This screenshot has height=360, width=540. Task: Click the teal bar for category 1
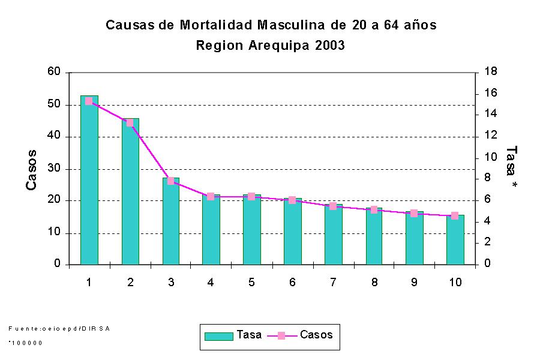[89, 180]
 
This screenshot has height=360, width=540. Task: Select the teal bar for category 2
[130, 192]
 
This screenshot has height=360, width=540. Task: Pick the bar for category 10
[455, 240]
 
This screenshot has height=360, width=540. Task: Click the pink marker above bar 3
[171, 181]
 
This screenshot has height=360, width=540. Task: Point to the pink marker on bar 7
[333, 206]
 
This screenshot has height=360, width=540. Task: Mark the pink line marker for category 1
[89, 101]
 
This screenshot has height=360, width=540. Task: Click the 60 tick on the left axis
[55, 72]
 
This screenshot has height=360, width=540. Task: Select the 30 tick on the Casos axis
[55, 169]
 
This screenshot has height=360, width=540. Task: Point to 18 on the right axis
[490, 72]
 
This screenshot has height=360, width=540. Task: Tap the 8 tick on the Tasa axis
[487, 178]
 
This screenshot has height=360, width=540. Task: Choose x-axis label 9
[414, 283]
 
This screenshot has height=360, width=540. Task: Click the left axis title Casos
[32, 170]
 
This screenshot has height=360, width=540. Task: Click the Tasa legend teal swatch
[218, 336]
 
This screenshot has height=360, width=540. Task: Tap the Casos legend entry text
[316, 335]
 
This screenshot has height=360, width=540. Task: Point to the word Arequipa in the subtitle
[278, 46]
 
